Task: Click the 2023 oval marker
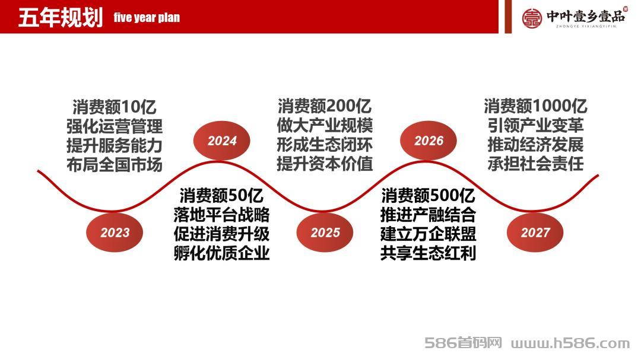click(x=115, y=232)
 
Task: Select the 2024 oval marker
click(x=221, y=141)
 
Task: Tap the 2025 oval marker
click(x=325, y=232)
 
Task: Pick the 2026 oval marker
click(x=429, y=141)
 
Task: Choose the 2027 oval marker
click(x=535, y=232)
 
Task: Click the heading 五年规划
click(x=61, y=18)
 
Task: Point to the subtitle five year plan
click(x=147, y=18)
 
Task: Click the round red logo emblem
click(x=532, y=18)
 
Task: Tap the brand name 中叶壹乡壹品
click(x=586, y=16)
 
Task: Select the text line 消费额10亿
click(x=115, y=107)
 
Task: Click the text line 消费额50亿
click(x=221, y=195)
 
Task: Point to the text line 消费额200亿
click(x=325, y=106)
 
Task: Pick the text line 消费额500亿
click(x=428, y=195)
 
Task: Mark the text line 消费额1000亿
click(x=535, y=106)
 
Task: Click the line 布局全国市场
click(x=115, y=165)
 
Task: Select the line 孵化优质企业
click(x=221, y=253)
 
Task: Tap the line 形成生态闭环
click(x=325, y=145)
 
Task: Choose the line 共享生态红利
click(x=428, y=253)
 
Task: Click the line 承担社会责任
click(x=535, y=164)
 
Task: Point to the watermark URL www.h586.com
click(x=570, y=343)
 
